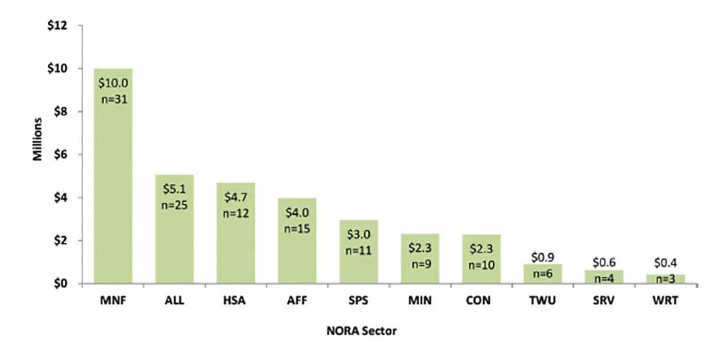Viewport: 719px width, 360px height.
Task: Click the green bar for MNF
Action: coord(113,196)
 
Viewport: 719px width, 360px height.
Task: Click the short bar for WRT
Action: coord(665,279)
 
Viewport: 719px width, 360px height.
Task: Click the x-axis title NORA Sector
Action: coord(361,331)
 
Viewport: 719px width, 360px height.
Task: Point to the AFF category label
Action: coord(297,302)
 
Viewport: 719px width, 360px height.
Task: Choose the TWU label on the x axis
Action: coord(543,302)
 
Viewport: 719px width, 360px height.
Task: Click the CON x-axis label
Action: coord(481,302)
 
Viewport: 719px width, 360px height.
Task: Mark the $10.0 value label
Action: coord(113,84)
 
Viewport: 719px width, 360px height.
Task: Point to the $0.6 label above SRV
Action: coord(604,262)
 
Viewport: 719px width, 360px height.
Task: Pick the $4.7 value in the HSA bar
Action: coord(236,198)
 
